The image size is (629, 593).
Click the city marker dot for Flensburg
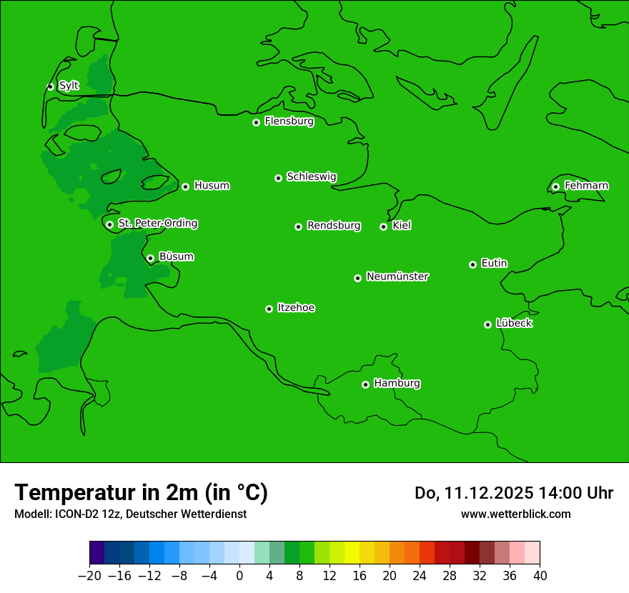tap(256, 122)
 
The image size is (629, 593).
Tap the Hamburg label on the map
tap(397, 383)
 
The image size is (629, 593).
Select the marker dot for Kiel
tap(383, 226)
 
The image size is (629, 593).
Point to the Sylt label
tap(69, 86)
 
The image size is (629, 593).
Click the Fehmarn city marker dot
tap(555, 186)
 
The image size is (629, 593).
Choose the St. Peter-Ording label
tap(157, 223)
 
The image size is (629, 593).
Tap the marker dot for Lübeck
tap(487, 324)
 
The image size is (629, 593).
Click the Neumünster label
tap(397, 276)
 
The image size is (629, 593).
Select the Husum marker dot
tap(185, 186)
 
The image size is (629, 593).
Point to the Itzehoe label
tap(296, 308)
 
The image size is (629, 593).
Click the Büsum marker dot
tap(150, 258)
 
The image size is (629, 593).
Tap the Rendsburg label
tap(334, 226)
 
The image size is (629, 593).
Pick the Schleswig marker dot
tap(278, 178)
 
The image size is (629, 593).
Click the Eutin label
tap(494, 263)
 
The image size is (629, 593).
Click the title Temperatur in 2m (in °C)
tap(141, 493)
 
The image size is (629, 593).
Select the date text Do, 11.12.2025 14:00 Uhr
tap(513, 493)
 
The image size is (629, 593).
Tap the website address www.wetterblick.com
tap(515, 514)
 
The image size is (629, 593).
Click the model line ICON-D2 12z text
tap(129, 514)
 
